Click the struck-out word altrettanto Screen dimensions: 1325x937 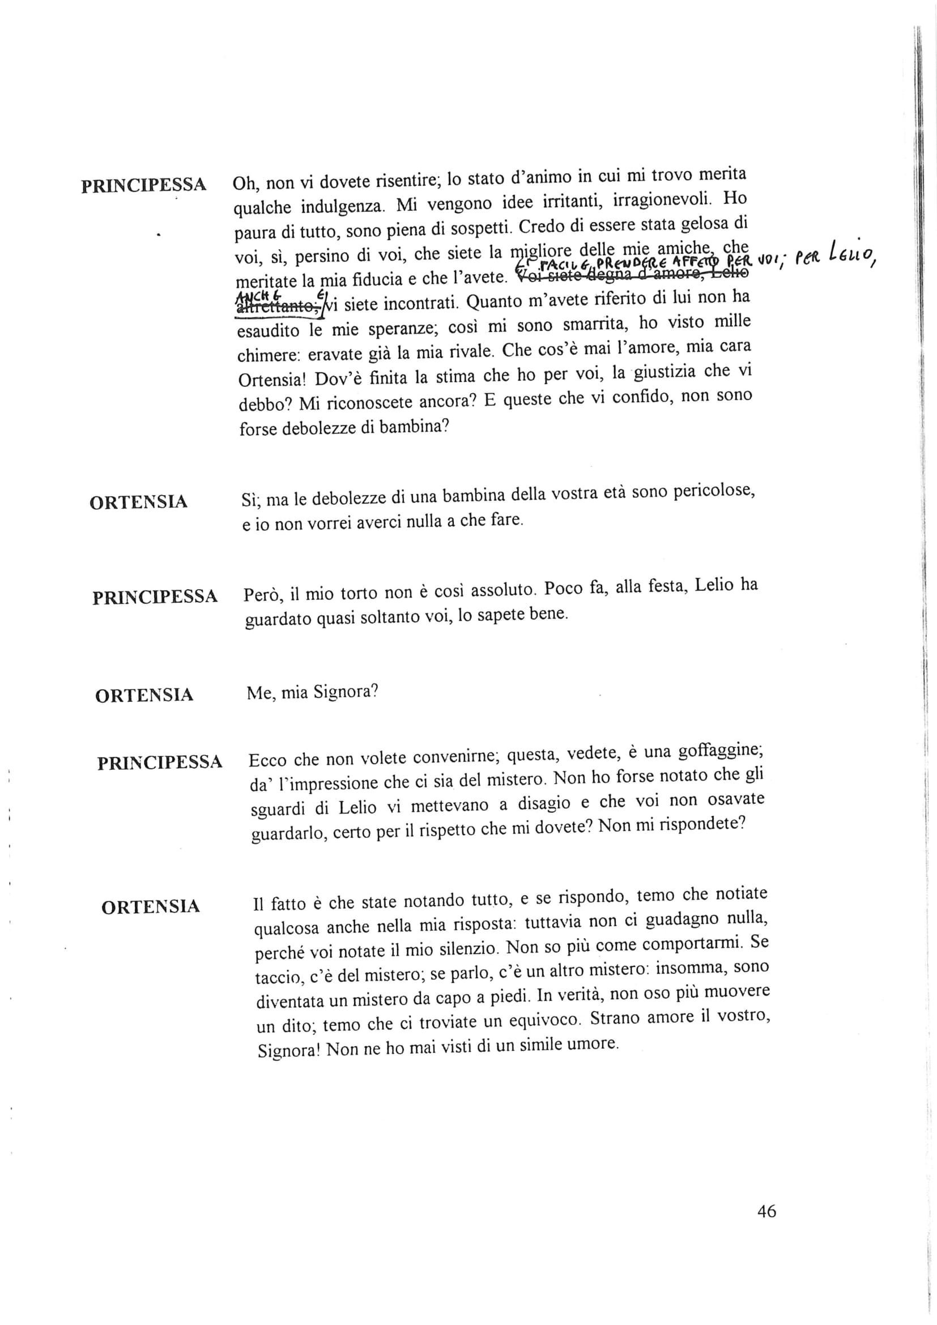pyautogui.click(x=277, y=307)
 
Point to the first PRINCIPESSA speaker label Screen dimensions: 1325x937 pyautogui.click(x=143, y=185)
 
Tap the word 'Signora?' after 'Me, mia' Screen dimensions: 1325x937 pyautogui.click(x=345, y=691)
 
